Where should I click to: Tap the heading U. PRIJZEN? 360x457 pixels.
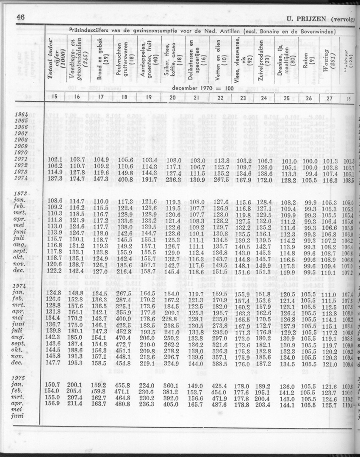tap(307, 18)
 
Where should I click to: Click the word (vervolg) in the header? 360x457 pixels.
tap(344, 19)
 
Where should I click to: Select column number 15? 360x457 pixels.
tap(55, 97)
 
